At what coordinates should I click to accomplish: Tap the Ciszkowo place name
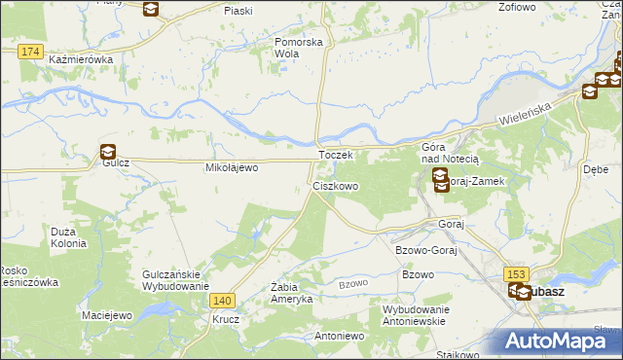(336, 185)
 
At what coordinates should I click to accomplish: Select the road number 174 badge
(30, 51)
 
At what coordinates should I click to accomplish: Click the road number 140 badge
(223, 302)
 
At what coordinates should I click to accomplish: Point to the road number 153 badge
(516, 274)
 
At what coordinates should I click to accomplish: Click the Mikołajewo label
(230, 167)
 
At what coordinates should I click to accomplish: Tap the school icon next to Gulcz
(107, 151)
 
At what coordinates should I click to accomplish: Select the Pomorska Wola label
(298, 49)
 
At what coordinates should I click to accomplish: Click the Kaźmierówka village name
(81, 59)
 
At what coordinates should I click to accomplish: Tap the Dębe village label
(595, 167)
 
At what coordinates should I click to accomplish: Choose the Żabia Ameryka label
(290, 292)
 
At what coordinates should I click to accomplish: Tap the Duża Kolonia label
(70, 236)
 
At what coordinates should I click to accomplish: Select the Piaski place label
(238, 10)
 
